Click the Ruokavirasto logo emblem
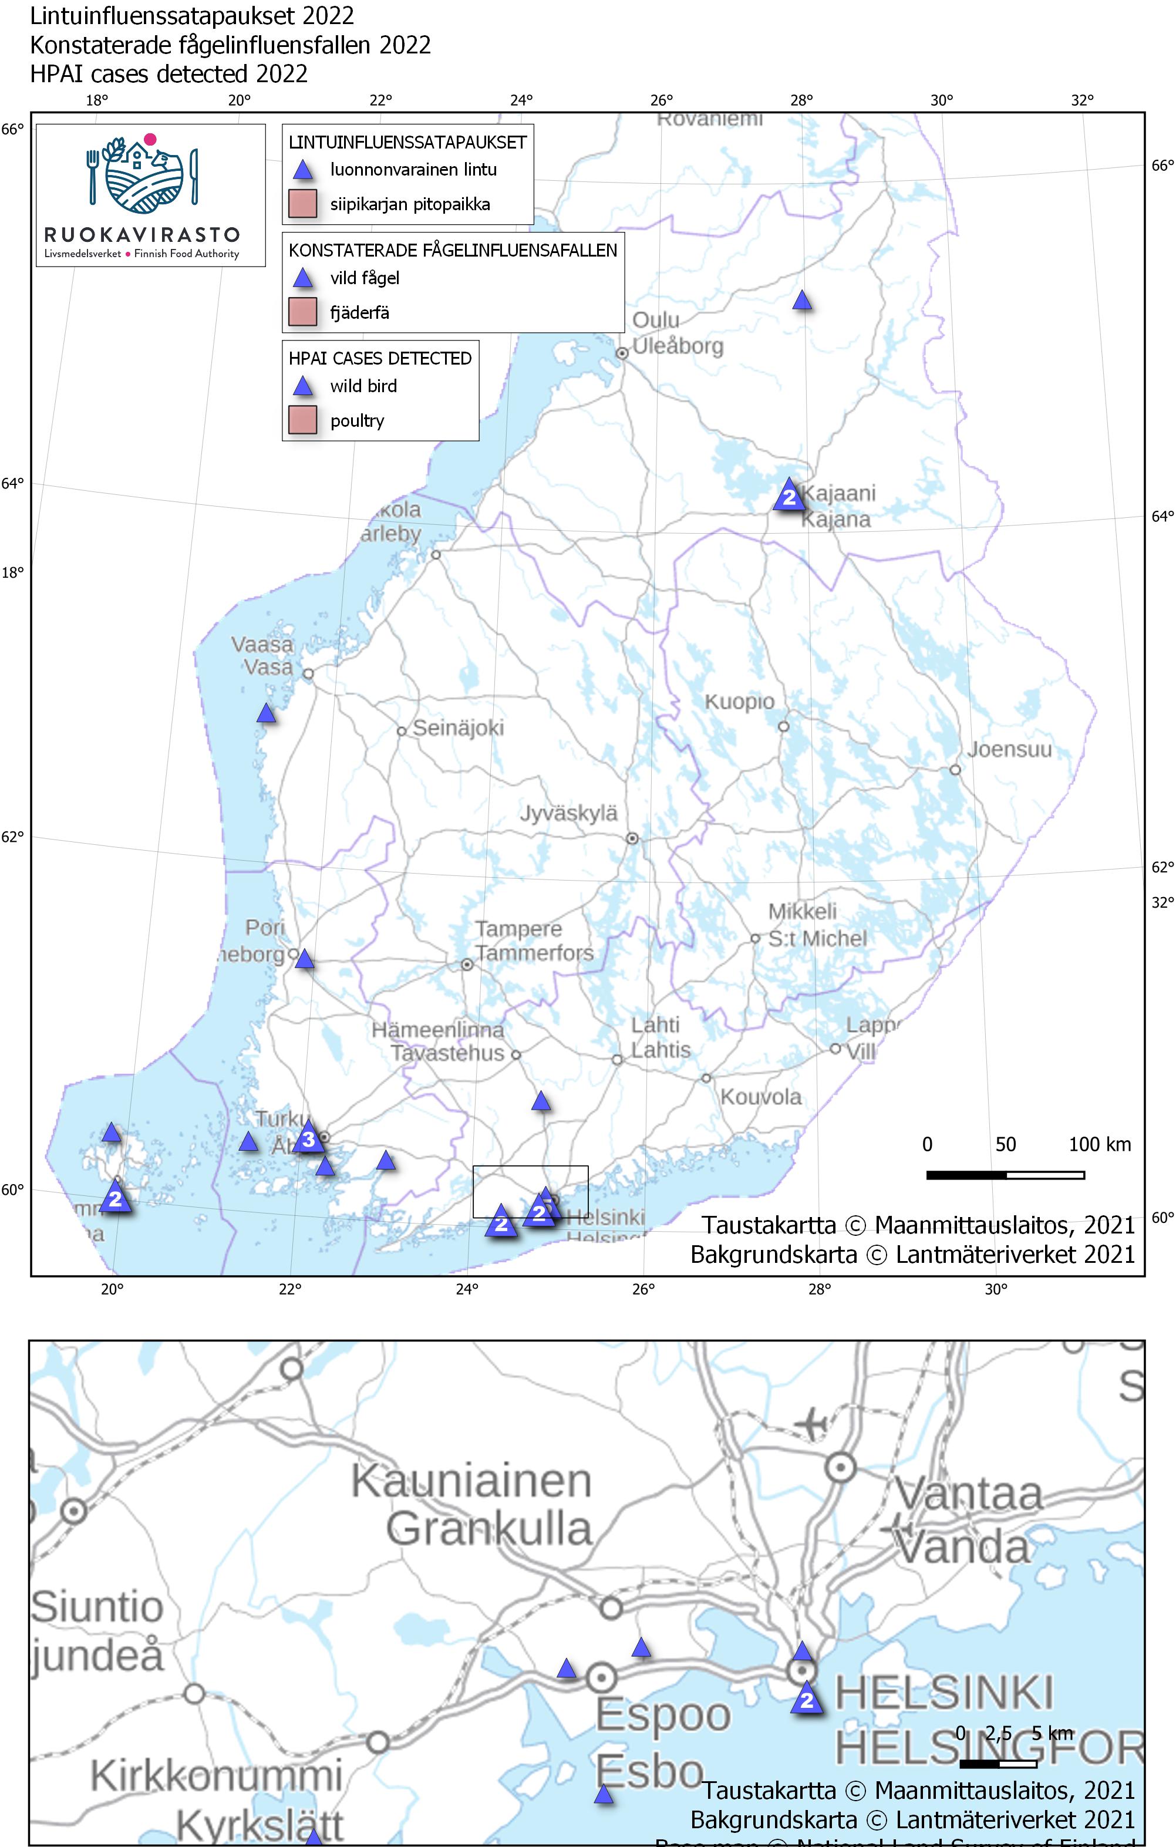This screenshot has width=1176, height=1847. point(143,176)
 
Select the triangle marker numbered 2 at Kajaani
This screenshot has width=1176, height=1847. point(789,496)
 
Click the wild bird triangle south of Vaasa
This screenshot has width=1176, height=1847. point(266,713)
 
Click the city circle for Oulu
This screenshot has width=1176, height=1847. point(623,353)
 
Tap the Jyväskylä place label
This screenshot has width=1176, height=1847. point(568,813)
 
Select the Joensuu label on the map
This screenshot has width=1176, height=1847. point(1009,749)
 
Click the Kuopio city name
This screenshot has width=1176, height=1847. point(740,702)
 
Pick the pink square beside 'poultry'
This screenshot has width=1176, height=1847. point(302,420)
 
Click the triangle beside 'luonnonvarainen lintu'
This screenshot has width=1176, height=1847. point(304,170)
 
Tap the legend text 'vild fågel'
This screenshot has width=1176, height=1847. point(365,278)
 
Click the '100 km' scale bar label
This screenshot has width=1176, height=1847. point(1099,1144)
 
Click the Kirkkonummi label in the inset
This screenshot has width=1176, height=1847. point(216,1775)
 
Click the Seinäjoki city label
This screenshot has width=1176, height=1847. point(458,728)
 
